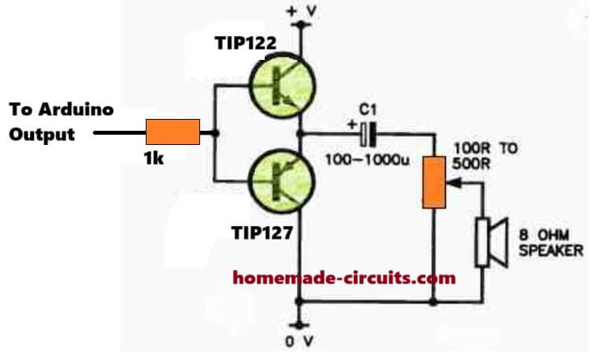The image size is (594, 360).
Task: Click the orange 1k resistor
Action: point(173,132)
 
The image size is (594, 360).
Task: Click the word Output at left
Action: point(41,134)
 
